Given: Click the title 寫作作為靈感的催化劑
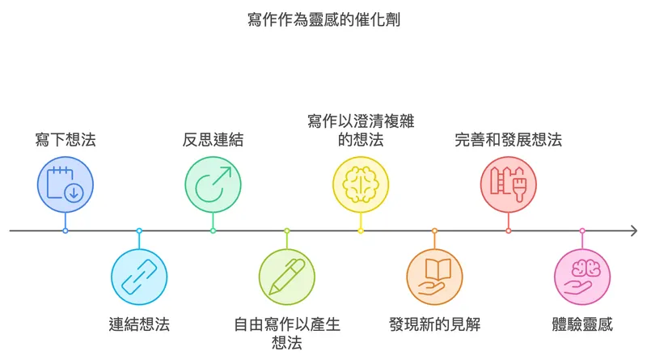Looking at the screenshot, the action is (x=323, y=19).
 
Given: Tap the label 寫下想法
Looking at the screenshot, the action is (x=66, y=139).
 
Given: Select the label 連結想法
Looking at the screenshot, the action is (x=139, y=324).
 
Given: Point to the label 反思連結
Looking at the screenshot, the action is (x=213, y=139).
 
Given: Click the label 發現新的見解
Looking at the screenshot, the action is (x=434, y=324).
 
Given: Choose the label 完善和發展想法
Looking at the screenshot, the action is (x=509, y=139).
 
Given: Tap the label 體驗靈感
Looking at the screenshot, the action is (x=582, y=324).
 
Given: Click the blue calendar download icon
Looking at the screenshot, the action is (x=66, y=184).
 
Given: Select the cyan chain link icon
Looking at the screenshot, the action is (x=139, y=277).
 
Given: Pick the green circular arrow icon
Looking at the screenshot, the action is (x=213, y=184).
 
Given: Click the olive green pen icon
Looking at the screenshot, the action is (x=287, y=277).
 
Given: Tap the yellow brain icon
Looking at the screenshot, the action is (x=361, y=184).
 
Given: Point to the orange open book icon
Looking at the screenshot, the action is (x=434, y=277).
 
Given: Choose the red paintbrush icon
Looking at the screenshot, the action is (x=509, y=184).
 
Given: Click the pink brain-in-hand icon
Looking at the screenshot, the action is (x=582, y=277).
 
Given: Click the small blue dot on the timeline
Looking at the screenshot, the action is (x=66, y=231).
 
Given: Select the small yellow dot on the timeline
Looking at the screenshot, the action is (x=361, y=231).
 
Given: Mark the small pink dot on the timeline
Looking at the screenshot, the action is (x=582, y=231).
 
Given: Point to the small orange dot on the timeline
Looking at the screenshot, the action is (x=434, y=231).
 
